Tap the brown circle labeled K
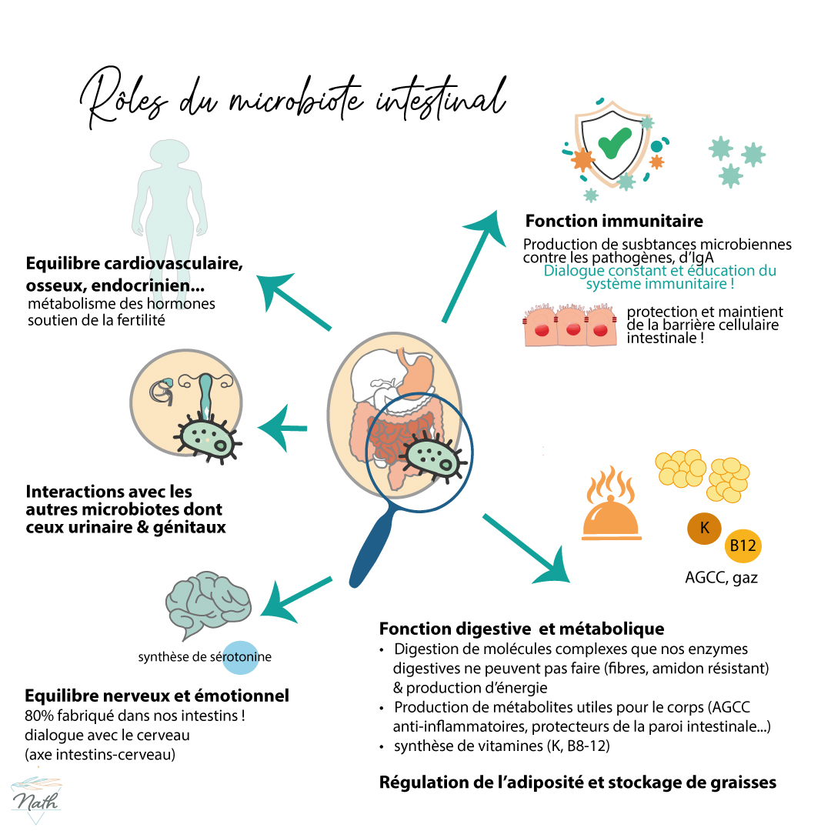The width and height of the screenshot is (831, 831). (x=704, y=529)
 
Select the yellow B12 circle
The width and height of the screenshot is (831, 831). (x=743, y=546)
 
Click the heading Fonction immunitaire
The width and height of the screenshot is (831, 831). (x=613, y=222)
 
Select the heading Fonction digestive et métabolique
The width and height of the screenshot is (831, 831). (x=521, y=629)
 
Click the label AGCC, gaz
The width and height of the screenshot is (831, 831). (x=720, y=577)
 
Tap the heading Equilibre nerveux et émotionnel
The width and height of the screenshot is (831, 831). (x=157, y=696)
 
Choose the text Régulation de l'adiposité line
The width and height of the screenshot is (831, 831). (x=577, y=783)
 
